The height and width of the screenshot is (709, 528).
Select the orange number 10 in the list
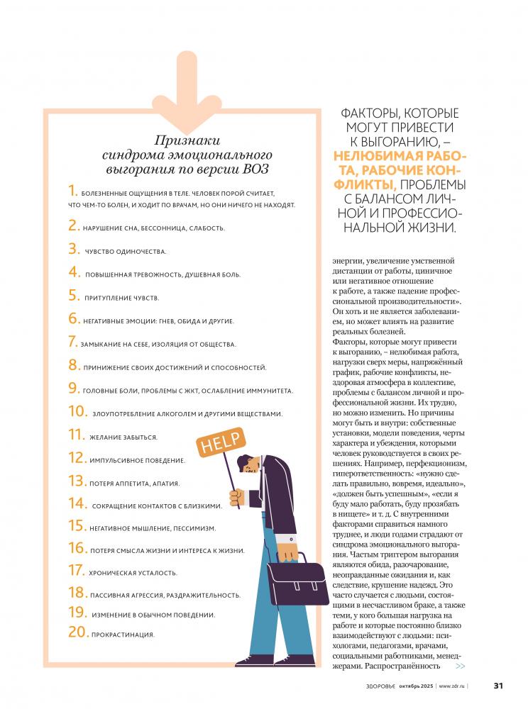pos(77,411)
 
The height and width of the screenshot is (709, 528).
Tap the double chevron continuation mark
pos(461,666)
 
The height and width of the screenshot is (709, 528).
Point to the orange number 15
pos(77,526)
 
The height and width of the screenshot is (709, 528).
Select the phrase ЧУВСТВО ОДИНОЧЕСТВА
pos(126,252)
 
